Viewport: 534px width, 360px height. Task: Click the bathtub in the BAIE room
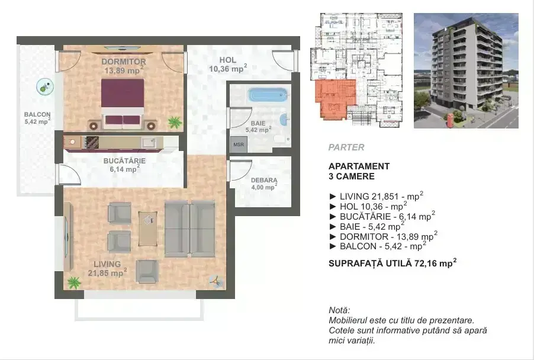268,95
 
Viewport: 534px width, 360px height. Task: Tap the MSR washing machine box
239,144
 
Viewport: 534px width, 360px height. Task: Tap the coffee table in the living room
148,229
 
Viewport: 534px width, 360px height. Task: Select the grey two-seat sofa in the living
189,229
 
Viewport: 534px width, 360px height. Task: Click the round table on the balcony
45,87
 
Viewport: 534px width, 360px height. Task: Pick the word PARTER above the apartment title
346,147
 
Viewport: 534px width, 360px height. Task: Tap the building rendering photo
466,71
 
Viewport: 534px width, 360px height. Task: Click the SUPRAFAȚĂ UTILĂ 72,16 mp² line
393,263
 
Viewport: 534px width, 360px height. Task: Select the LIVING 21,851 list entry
377,196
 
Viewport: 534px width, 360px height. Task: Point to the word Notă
339,310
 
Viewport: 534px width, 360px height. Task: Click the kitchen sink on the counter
149,142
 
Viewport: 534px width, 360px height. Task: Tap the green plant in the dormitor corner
175,122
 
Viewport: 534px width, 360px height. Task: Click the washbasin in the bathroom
284,120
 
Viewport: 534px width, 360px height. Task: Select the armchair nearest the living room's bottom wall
147,271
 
